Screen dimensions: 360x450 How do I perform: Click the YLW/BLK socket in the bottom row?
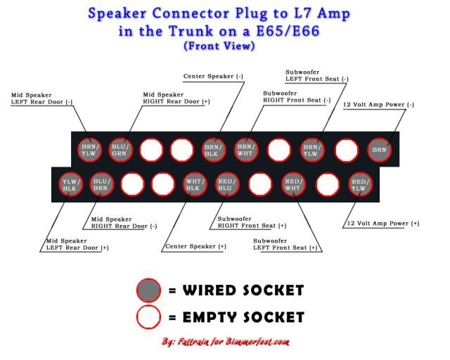point(69,184)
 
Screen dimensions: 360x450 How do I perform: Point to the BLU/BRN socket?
point(101,184)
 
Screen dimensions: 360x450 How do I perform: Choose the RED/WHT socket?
point(293,184)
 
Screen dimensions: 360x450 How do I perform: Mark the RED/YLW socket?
point(359,184)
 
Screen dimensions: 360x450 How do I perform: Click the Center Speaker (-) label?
point(214,76)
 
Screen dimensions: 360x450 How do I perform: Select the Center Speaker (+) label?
point(195,247)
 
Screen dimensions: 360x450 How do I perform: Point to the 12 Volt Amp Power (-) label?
point(379,105)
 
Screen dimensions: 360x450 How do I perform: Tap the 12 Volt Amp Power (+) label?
point(382,224)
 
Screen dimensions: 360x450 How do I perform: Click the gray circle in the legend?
point(149,290)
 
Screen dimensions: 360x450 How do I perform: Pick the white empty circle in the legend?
point(149,316)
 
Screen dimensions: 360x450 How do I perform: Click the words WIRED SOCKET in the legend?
point(243,290)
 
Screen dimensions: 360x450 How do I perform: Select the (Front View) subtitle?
point(219,46)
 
